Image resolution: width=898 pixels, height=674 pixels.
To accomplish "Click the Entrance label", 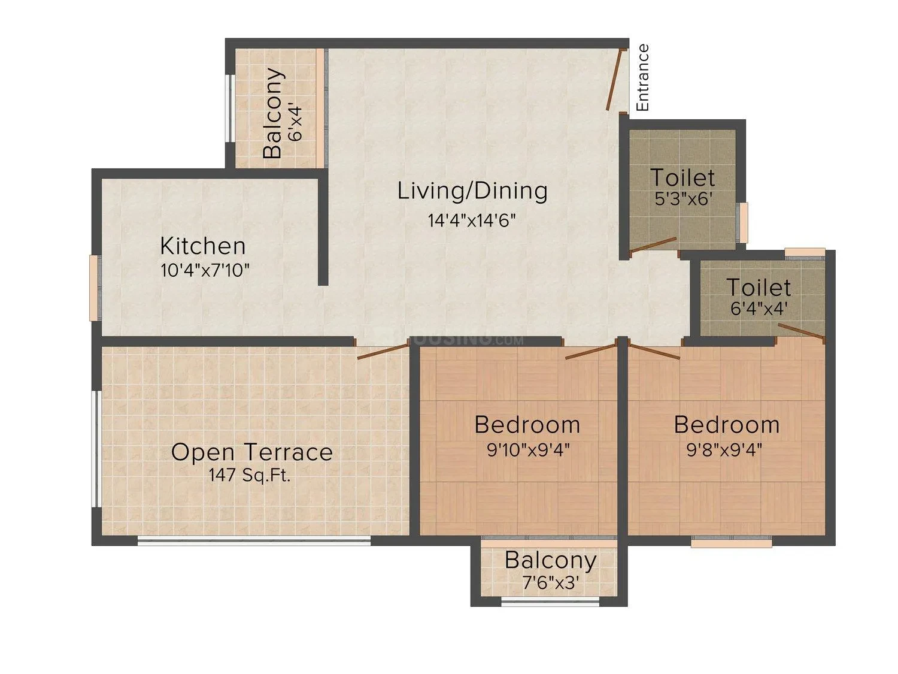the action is pos(643,78).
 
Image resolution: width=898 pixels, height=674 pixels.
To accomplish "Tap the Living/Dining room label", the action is pos(472,191).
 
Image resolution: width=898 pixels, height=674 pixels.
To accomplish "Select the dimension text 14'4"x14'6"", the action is pos(472,220).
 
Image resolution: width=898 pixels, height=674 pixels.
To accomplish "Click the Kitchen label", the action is pos(203,246).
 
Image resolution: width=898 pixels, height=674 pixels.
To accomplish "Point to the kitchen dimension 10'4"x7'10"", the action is pos(205,271).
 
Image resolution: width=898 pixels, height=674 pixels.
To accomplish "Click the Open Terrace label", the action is pos(252,452).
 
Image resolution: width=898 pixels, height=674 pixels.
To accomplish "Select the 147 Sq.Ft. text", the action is pos(250,475).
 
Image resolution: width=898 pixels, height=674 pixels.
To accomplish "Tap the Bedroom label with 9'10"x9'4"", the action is pos(527,425).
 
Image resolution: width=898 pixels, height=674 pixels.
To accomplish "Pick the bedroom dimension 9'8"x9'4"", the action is pos(724,451).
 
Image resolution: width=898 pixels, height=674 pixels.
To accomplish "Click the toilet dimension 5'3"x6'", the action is pos(684,199).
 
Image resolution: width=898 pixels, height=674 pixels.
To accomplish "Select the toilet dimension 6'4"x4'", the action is pos(759,308).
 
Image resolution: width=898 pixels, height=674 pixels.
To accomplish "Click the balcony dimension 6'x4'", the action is pos(295,123).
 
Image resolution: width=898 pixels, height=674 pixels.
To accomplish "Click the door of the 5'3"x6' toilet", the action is pos(653,244).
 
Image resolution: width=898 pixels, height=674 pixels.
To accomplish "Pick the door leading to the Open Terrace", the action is pos(383,351).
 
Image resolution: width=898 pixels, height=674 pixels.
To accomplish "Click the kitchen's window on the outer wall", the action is pos(95,288).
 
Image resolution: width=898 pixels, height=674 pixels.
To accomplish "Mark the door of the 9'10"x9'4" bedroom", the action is pos(591,352).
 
